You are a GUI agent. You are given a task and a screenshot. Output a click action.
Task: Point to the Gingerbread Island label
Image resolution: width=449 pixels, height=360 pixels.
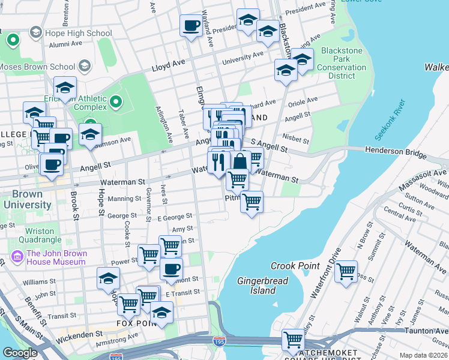[x=263, y=286]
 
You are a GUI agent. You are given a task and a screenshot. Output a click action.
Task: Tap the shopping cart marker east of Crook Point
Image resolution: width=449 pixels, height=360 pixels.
[x=346, y=272]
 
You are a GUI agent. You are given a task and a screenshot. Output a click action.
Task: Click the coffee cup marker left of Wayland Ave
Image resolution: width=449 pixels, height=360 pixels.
[x=191, y=26]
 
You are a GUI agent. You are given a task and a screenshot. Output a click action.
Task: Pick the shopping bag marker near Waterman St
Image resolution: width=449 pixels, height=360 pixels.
[x=240, y=161]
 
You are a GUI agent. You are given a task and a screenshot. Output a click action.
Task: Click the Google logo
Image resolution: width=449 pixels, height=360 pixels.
[x=20, y=352]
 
